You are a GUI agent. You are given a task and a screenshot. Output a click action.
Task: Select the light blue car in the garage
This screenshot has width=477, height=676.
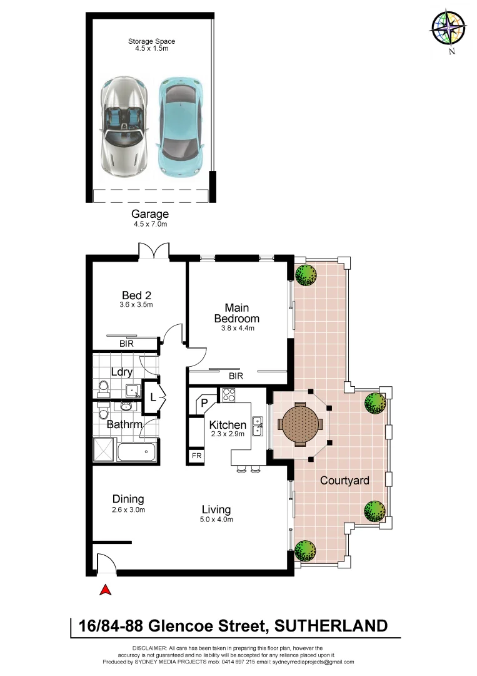[179, 128]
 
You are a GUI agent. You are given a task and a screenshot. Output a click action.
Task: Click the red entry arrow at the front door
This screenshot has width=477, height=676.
[106, 589]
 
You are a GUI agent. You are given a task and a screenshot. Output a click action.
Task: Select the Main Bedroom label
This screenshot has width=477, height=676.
[236, 313]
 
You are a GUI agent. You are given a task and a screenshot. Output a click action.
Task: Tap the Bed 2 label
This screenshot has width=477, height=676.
[137, 295]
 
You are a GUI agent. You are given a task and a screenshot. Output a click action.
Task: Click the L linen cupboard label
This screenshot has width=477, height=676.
[153, 397]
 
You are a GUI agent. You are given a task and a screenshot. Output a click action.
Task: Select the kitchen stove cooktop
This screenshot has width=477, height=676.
[227, 396]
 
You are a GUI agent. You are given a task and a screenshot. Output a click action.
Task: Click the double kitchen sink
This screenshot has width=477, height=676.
[257, 425]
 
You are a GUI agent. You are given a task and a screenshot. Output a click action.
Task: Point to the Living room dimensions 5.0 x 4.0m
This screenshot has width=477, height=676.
[216, 520]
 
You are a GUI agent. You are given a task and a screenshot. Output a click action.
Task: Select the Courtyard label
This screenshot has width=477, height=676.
[344, 481]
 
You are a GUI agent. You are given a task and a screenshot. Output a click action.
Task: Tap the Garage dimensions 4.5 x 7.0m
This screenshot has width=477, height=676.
[149, 223]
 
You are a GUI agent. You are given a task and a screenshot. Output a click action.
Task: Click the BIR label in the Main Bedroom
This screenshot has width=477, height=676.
[236, 376]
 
